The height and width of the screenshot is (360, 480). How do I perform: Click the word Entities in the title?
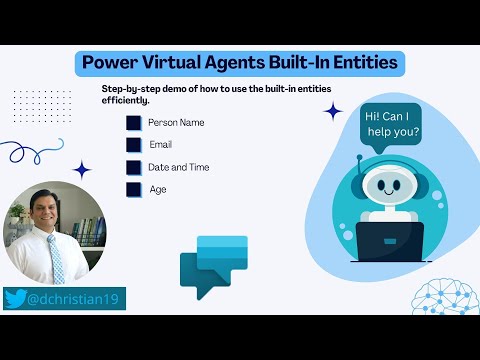pyautogui.click(x=362, y=63)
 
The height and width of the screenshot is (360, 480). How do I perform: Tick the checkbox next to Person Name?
pyautogui.click(x=134, y=123)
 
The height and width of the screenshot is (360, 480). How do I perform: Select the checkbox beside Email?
pyautogui.click(x=134, y=145)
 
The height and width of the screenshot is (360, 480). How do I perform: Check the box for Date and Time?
pyautogui.click(x=134, y=167)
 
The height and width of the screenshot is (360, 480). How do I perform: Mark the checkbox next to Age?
pyautogui.click(x=134, y=189)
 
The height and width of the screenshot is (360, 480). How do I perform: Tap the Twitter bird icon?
pyautogui.click(x=16, y=298)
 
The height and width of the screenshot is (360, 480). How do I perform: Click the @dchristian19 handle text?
pyautogui.click(x=74, y=298)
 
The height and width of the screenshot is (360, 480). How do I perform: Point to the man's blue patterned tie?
pyautogui.click(x=56, y=258)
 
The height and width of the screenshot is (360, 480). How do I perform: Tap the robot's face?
pyautogui.click(x=386, y=185)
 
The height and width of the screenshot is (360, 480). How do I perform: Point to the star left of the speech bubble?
pyautogui.click(x=334, y=111)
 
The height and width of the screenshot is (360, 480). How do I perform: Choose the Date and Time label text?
pyautogui.click(x=178, y=167)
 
